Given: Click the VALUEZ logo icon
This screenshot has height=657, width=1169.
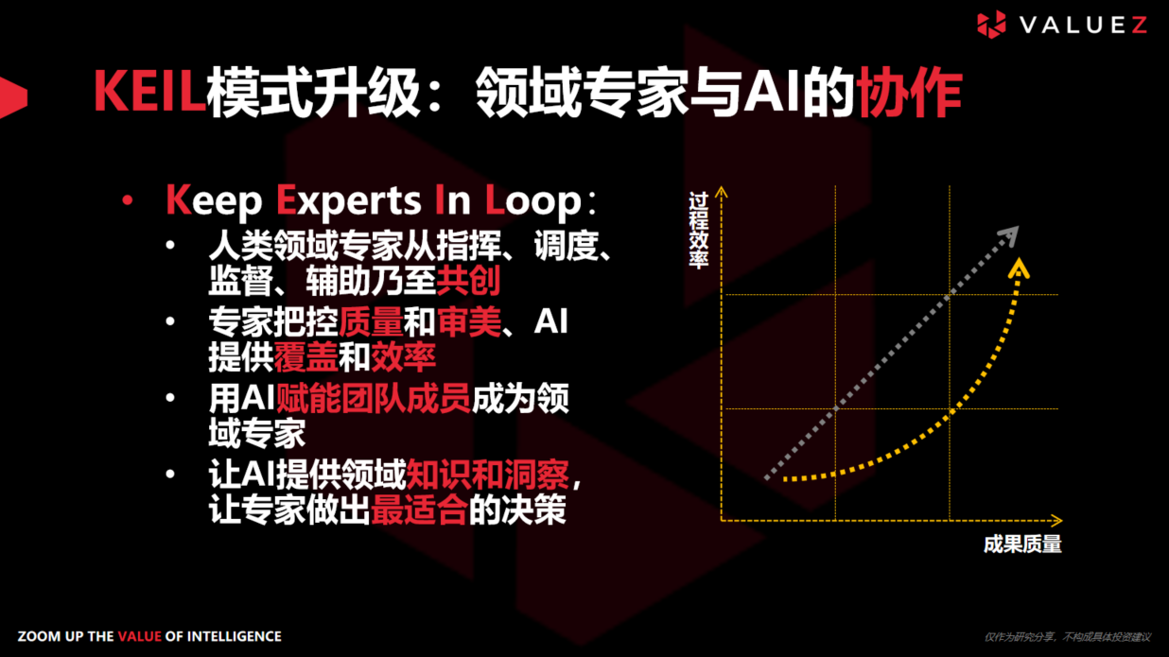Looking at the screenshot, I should [991, 25].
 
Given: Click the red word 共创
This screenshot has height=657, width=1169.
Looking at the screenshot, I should [468, 280].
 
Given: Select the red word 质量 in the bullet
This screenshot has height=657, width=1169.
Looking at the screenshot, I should [371, 322].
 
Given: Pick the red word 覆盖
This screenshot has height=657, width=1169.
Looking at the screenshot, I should [305, 356].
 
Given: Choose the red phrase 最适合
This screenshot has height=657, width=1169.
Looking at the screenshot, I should [419, 510].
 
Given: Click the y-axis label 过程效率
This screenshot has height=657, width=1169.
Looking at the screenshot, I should [699, 232].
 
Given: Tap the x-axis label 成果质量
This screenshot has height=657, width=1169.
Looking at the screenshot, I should [1022, 545].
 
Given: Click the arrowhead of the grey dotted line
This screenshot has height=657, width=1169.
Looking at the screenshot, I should [1009, 235].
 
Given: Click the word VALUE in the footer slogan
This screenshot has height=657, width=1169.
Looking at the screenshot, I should [139, 636].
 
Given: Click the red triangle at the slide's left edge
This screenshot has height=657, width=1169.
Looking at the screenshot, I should [11, 95].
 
